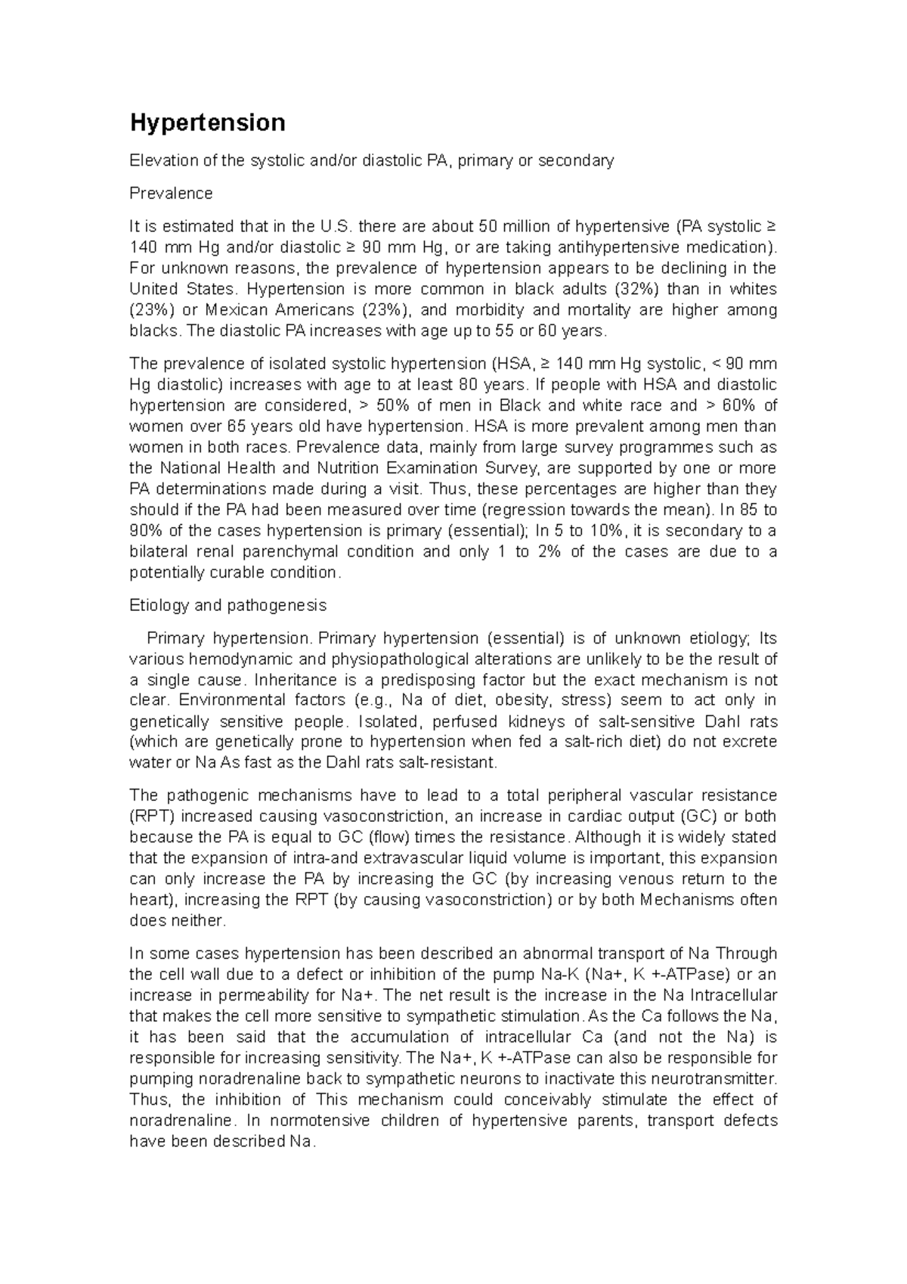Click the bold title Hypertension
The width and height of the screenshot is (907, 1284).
click(x=208, y=123)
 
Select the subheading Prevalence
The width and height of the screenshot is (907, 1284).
click(x=171, y=194)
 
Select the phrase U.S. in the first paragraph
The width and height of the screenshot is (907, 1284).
click(x=336, y=226)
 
